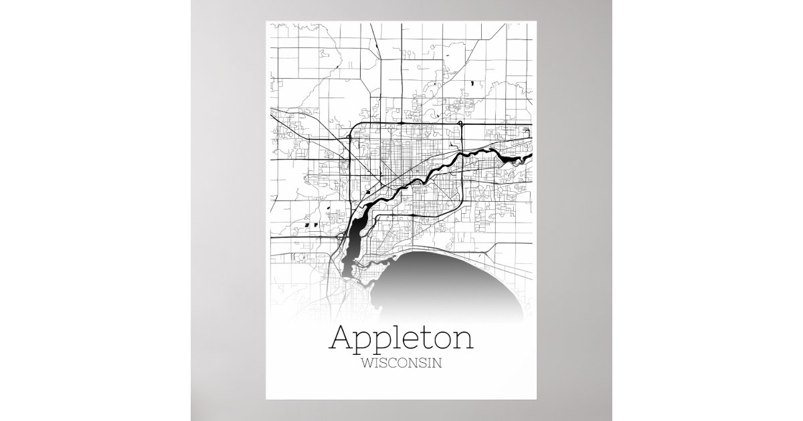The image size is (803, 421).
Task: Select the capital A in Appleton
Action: pyautogui.click(x=343, y=337)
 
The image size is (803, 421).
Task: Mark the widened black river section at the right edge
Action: pyautogui.click(x=519, y=159)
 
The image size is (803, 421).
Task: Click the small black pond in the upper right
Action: pyautogui.click(x=473, y=84)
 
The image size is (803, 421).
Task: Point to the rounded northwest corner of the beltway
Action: pyautogui.click(x=355, y=127)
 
